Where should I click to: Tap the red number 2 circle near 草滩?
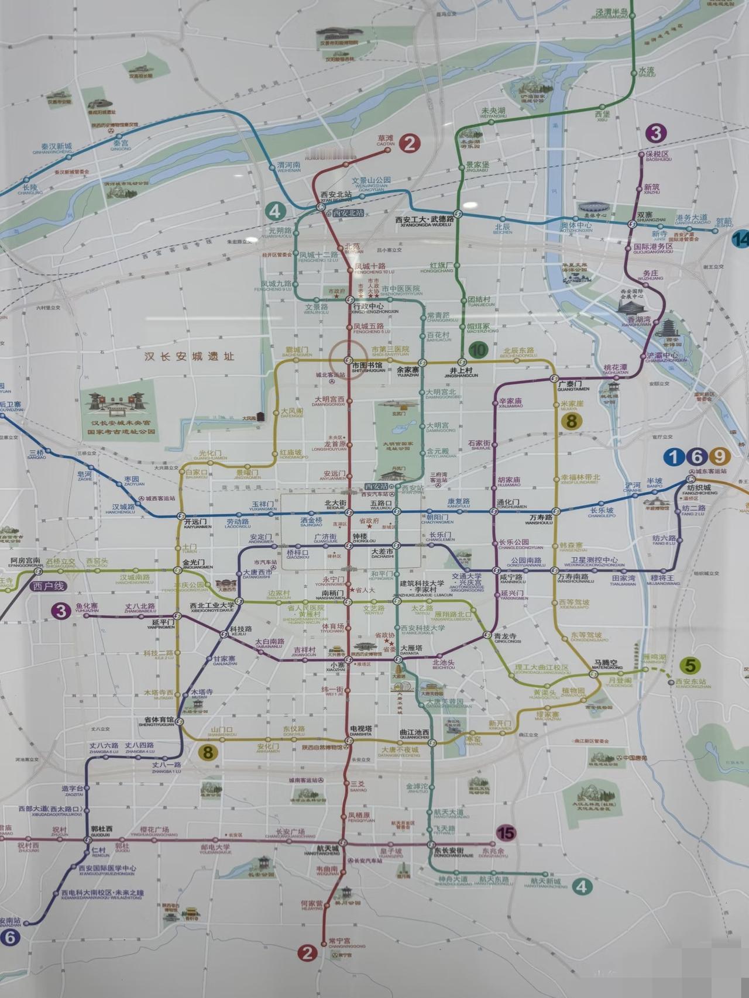(x=410, y=143)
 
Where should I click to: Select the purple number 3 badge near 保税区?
(x=656, y=133)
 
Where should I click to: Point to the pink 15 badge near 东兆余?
(x=504, y=832)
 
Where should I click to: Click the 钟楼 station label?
(x=359, y=537)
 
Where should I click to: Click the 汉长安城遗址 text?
(x=190, y=356)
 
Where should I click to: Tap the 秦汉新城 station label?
(x=56, y=147)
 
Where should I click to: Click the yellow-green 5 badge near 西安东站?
(x=691, y=666)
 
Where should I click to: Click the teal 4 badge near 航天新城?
(x=580, y=887)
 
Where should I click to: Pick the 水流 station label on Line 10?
(x=647, y=71)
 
